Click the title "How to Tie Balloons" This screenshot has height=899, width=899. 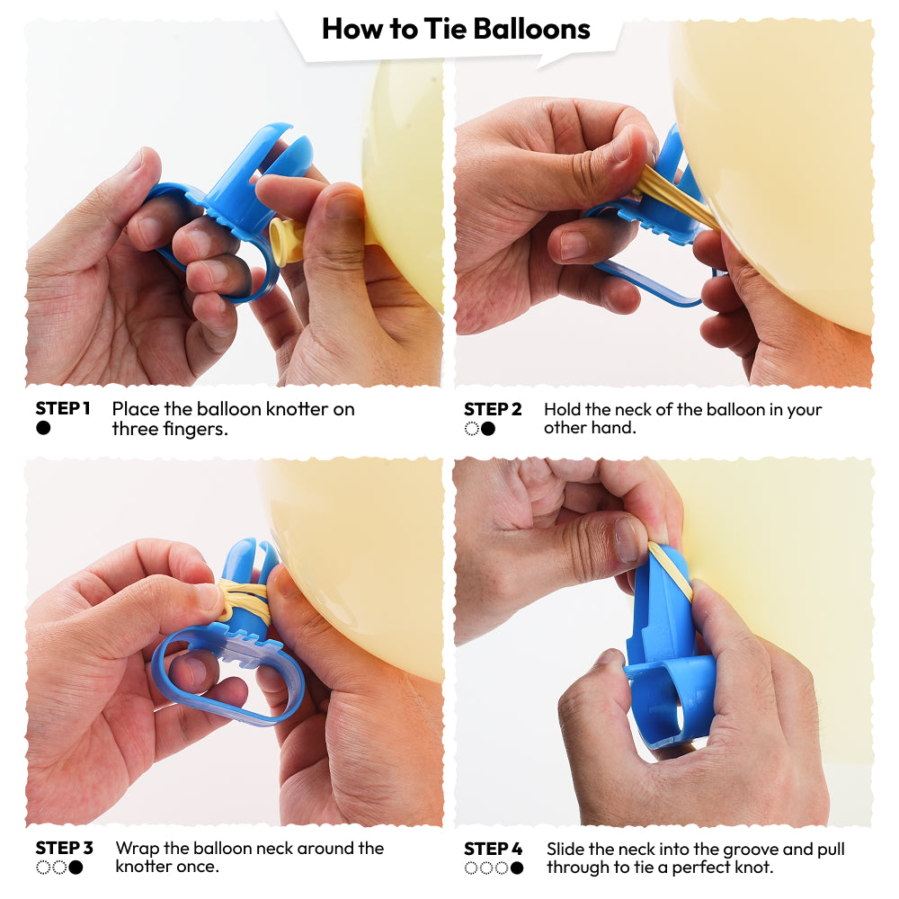tap(456, 30)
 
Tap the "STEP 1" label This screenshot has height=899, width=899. tap(63, 409)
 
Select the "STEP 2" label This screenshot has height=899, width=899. tap(493, 409)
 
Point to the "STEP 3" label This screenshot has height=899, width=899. tap(64, 848)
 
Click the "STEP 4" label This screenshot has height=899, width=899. tap(493, 849)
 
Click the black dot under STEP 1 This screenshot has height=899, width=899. tap(43, 428)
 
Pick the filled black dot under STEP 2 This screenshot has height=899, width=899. tap(488, 429)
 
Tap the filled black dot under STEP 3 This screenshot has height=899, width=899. tap(76, 868)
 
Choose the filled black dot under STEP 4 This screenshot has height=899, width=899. tap(517, 868)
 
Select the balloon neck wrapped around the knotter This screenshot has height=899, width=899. tap(244, 599)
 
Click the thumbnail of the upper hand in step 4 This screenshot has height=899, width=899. tap(626, 539)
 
